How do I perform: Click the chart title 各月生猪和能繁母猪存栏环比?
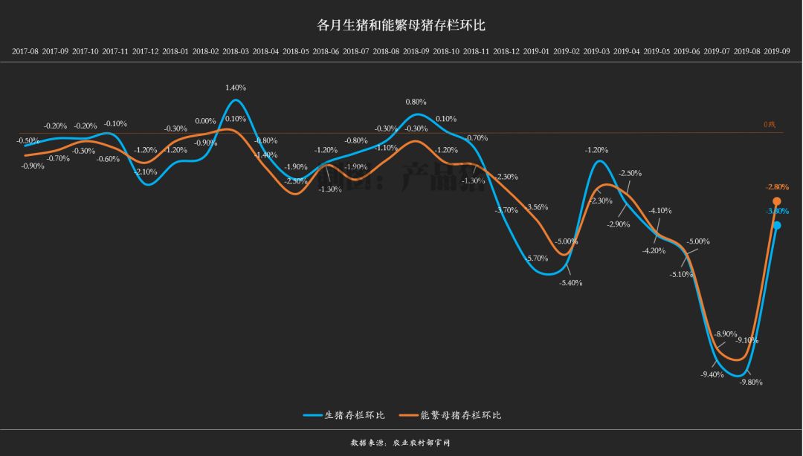[x=401, y=25]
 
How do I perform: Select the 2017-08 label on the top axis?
[x=25, y=52]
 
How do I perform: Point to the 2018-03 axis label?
[x=236, y=52]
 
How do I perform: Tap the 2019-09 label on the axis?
[x=777, y=52]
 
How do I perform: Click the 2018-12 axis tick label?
[x=506, y=52]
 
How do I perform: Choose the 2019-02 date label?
[x=567, y=52]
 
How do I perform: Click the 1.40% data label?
[x=236, y=88]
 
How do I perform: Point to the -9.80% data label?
[x=751, y=382]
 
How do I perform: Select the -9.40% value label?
[x=712, y=374]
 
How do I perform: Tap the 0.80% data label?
[x=416, y=102]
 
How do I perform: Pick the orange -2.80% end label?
[x=776, y=187]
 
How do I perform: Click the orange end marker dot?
[x=777, y=201]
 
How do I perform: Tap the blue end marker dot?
[x=777, y=225]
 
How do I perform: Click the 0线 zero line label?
[x=769, y=125]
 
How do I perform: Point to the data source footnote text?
[x=401, y=443]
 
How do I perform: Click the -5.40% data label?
[x=571, y=283]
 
